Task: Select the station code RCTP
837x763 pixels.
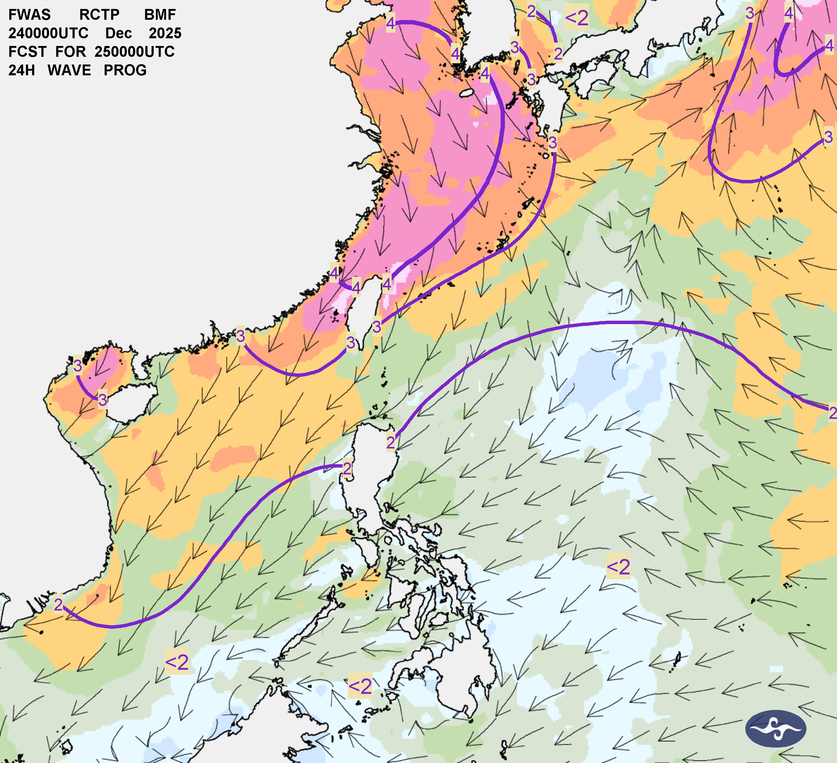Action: tap(99, 15)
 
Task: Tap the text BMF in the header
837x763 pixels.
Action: tap(160, 15)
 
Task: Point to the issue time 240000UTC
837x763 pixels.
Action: tap(48, 33)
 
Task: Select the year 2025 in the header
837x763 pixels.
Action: tap(165, 33)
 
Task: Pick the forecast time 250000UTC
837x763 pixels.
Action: tap(135, 52)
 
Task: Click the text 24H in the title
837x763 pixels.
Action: tap(21, 70)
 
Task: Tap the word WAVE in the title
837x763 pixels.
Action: tap(69, 70)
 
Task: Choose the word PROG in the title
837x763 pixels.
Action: tap(125, 70)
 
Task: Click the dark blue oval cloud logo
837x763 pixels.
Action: tap(776, 728)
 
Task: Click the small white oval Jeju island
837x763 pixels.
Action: tap(468, 93)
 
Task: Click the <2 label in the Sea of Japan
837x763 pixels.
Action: tap(577, 18)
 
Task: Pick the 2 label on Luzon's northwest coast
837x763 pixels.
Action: tap(347, 469)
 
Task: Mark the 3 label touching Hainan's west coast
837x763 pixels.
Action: tap(102, 400)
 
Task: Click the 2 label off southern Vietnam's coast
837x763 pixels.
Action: tap(58, 605)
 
